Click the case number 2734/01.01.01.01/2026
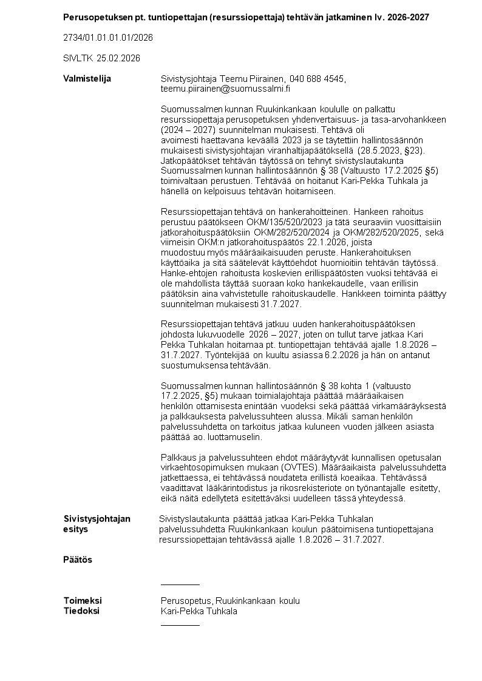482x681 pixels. pos(107,38)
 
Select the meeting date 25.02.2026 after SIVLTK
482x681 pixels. pos(118,58)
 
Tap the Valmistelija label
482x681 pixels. pos(87,79)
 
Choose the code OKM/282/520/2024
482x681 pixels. pos(282,232)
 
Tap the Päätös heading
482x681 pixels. pos(78,560)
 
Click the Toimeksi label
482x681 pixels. pos(83,601)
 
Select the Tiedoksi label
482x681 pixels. pos(81,611)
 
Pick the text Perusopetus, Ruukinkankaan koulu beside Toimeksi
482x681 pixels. pos(230,601)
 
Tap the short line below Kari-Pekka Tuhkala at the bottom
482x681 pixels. pos(180,625)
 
